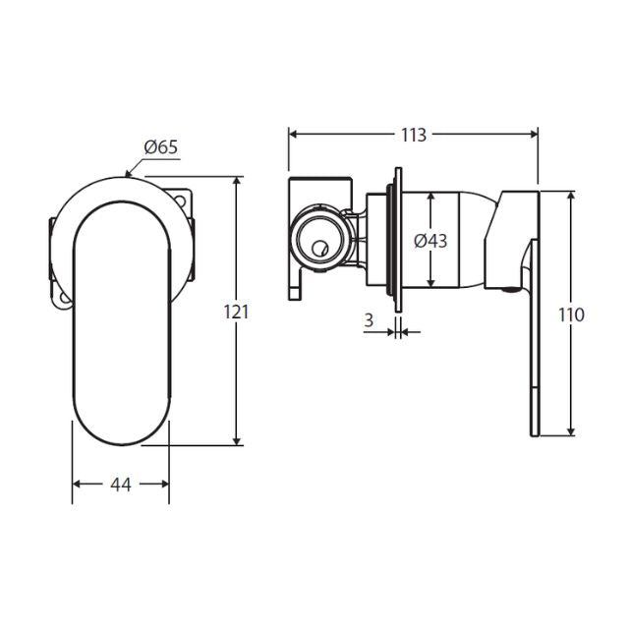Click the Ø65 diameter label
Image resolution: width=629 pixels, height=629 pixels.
click(160, 147)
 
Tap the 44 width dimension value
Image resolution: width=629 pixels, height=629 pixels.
click(121, 484)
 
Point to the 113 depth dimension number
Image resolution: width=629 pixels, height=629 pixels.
click(414, 136)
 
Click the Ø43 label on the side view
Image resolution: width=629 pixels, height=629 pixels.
click(430, 241)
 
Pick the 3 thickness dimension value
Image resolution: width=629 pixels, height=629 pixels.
click(368, 319)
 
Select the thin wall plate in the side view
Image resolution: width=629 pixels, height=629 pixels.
click(398, 241)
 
